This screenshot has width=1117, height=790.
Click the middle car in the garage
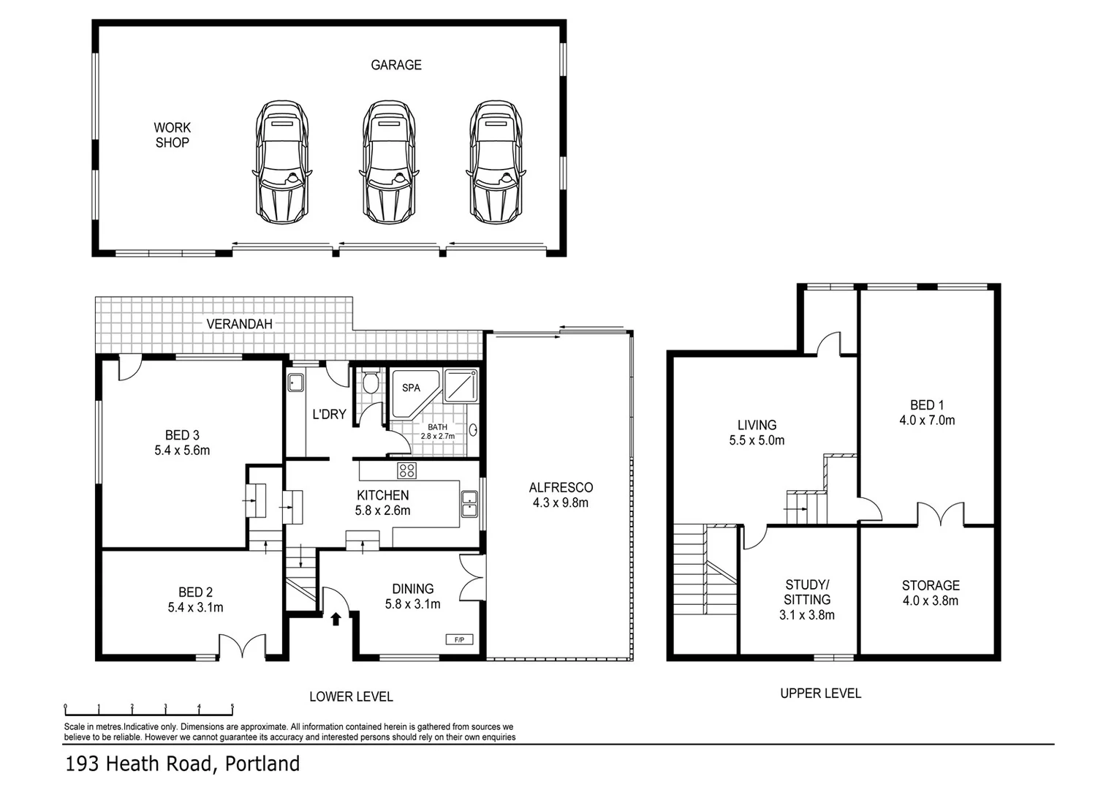388,162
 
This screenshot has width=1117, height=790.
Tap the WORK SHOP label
172,135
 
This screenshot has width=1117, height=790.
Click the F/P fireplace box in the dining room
460,639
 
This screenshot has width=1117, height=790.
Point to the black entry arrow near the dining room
336,620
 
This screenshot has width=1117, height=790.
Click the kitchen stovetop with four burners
406,470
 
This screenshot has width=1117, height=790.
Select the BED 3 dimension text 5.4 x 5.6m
182,451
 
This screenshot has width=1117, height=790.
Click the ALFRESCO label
561,487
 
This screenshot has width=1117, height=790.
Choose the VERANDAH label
239,324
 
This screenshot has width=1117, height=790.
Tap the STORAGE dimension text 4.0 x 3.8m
930,601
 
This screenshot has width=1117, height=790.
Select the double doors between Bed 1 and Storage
941,515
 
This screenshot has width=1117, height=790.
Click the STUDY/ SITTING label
807,592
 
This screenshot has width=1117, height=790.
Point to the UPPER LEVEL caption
820,693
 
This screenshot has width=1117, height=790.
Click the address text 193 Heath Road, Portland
183,764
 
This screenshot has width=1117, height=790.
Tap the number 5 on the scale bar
232,707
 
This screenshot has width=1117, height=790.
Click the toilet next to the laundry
371,383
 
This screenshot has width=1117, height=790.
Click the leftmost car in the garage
281,162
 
